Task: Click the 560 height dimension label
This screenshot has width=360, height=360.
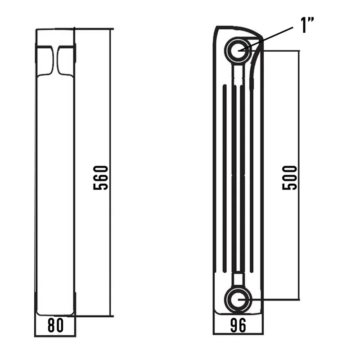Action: (100, 178)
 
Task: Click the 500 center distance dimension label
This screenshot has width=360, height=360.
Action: (289, 178)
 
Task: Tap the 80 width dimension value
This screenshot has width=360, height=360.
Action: (55, 325)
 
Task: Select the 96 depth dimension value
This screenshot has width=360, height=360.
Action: (238, 325)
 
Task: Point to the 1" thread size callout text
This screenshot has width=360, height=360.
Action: (307, 25)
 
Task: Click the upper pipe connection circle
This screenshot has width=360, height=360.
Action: (238, 50)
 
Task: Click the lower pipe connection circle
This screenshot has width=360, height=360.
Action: (238, 299)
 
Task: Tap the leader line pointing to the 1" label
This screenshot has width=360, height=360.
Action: (266, 39)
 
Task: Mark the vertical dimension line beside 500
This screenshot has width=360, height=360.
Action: (299, 175)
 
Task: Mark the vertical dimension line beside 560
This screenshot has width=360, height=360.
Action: (110, 172)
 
